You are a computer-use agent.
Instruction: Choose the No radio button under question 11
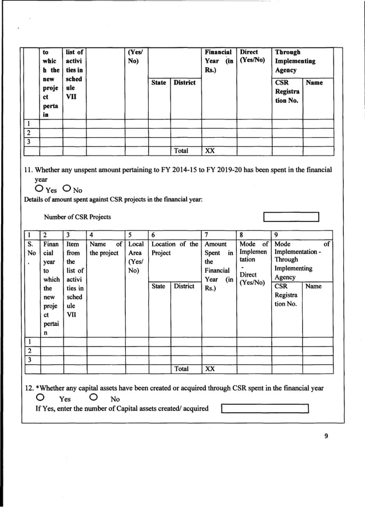pos(67,189)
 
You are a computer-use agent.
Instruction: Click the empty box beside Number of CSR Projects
pos(291,217)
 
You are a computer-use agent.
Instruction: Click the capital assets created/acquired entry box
pos(265,408)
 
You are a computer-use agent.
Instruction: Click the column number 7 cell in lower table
pos(220,234)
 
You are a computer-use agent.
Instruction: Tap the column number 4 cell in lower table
pos(106,234)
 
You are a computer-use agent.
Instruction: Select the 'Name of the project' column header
pos(106,248)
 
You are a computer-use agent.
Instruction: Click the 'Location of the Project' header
pos(174,248)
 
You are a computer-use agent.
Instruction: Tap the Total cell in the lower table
pos(181,369)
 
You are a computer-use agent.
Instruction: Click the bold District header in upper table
pos(185,83)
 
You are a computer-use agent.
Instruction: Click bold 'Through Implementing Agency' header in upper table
pos(295,61)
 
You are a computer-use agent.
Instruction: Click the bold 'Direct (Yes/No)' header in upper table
pos(252,56)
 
